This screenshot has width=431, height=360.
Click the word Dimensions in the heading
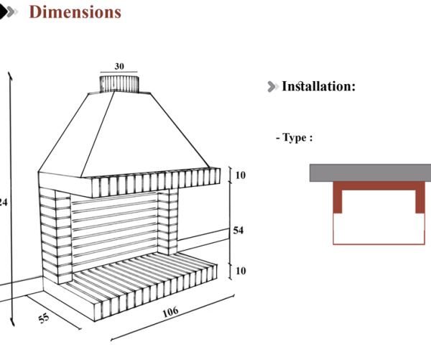[75, 12]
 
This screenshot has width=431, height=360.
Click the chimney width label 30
[119, 66]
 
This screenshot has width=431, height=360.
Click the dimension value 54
[239, 231]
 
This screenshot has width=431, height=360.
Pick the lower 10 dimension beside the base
[240, 271]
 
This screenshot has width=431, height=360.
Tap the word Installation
[318, 86]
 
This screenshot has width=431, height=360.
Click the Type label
[294, 137]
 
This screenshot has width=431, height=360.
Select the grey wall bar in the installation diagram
[370, 172]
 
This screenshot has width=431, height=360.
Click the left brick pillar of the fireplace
[55, 237]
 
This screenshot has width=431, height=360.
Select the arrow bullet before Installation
[272, 87]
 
